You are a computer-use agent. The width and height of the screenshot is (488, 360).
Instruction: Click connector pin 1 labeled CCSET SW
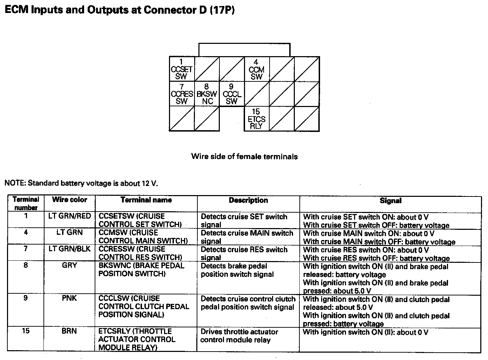(x=181, y=69)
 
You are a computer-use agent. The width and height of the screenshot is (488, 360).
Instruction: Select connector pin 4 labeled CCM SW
(x=256, y=69)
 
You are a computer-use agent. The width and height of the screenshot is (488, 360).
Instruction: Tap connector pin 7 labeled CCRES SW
(x=182, y=94)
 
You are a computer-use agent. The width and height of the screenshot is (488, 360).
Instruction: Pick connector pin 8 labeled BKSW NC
(x=207, y=94)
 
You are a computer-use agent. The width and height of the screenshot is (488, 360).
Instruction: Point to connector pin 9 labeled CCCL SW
(x=232, y=94)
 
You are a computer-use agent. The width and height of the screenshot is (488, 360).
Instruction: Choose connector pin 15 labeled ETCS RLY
(x=256, y=119)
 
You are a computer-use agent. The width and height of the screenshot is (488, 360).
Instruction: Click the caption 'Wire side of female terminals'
(x=244, y=156)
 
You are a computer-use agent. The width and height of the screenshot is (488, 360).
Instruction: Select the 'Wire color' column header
(x=69, y=200)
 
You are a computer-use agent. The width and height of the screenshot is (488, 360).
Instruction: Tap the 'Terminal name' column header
(x=146, y=200)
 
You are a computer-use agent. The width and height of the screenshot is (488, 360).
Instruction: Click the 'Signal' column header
(x=391, y=201)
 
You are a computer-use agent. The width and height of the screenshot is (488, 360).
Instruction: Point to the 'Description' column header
(x=248, y=200)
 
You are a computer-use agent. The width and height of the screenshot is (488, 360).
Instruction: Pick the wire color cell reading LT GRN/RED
(x=69, y=216)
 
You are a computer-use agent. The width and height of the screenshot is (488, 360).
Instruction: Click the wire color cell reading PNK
(x=69, y=299)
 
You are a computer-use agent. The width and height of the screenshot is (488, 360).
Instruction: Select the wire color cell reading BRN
(x=69, y=331)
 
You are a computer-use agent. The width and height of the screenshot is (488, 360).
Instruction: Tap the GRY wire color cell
(x=69, y=266)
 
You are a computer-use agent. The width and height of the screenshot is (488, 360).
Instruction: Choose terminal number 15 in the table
(x=26, y=331)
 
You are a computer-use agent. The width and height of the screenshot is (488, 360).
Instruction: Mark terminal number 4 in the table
(x=26, y=232)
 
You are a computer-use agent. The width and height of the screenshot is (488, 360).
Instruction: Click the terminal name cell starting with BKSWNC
(x=141, y=269)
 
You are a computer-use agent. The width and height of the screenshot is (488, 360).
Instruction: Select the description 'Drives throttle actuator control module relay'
(x=239, y=336)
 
